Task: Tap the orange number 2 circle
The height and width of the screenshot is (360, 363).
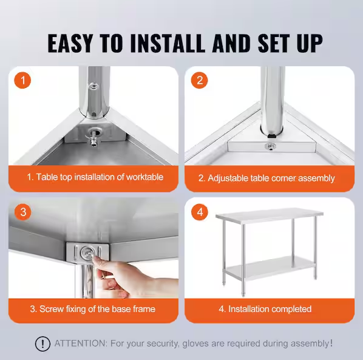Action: [200, 81]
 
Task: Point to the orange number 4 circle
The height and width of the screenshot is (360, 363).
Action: [200, 212]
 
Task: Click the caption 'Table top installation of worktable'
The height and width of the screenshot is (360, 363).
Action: [95, 177]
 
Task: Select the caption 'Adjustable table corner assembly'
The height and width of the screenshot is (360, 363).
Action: [266, 178]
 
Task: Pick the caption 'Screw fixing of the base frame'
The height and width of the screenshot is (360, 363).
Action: [92, 309]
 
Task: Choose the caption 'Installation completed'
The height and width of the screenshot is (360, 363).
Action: [265, 309]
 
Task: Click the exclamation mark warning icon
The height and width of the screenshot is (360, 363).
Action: [42, 344]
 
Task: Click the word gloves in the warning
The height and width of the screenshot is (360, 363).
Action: [195, 344]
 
